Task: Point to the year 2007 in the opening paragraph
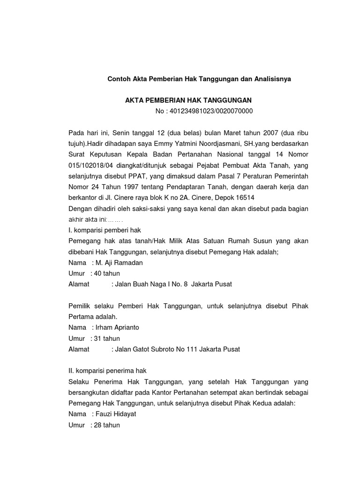[271, 133]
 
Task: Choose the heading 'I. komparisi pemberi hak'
[105, 230]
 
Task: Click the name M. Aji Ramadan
[119, 262]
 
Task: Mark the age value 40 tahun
[107, 273]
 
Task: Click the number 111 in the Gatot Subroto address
[190, 349]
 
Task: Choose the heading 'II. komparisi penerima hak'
[107, 371]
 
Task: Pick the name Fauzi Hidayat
[116, 414]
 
